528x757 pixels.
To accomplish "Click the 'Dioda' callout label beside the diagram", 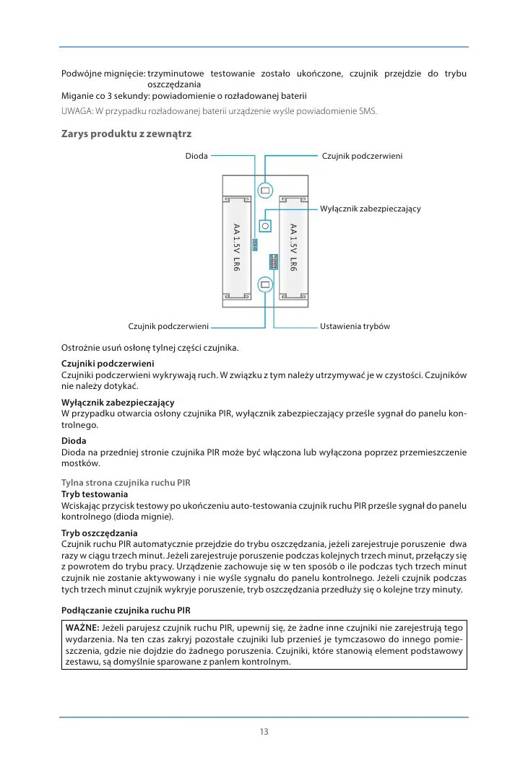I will pyautogui.click(x=197, y=156).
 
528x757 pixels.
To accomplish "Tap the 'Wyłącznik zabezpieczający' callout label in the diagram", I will pyautogui.click(x=370, y=209).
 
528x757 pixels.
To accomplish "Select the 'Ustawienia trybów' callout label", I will pyautogui.click(x=355, y=327).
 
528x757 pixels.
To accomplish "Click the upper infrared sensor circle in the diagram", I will pyautogui.click(x=265, y=191).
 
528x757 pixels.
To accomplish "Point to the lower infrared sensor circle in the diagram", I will pyautogui.click(x=265, y=285).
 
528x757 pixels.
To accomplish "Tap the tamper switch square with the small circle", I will pyautogui.click(x=265, y=225).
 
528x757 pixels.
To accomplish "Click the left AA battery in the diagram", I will pyautogui.click(x=236, y=248).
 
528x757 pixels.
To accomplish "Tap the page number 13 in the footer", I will pyautogui.click(x=264, y=732).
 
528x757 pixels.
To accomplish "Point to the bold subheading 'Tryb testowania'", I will pyautogui.click(x=95, y=494).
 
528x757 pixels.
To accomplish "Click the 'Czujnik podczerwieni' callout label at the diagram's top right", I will pyautogui.click(x=361, y=156).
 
